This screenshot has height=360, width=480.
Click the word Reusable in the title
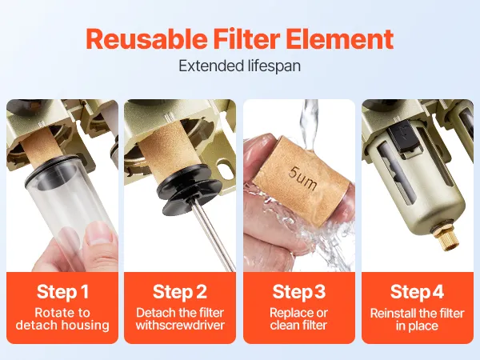(146, 39)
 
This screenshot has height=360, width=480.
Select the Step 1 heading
(62, 291)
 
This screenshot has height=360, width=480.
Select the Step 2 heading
(180, 291)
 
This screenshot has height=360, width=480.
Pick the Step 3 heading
(298, 291)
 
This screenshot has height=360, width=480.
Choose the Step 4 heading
(417, 291)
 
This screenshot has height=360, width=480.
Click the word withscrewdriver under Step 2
(180, 325)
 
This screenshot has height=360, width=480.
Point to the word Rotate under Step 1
(54, 313)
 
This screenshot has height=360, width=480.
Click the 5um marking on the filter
(302, 178)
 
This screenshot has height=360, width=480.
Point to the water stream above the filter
(309, 124)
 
